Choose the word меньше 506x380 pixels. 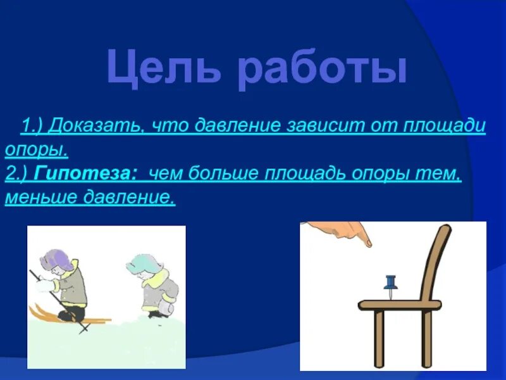(x=40, y=197)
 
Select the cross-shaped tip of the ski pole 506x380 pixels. (x=84, y=329)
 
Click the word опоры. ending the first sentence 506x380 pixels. (x=37, y=150)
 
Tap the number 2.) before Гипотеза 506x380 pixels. (x=18, y=174)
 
